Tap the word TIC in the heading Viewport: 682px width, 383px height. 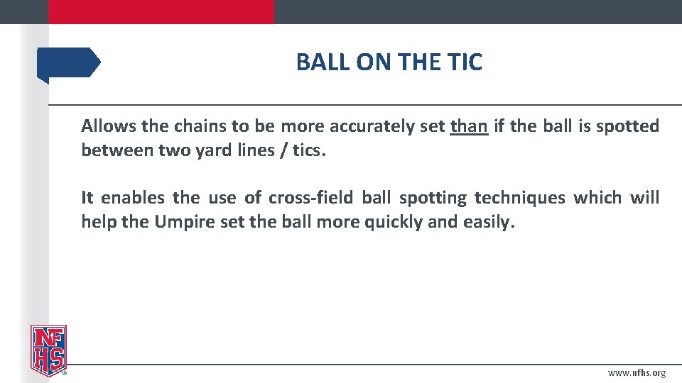point(465,62)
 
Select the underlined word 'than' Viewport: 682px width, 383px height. point(469,127)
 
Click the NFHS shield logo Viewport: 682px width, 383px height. point(48,350)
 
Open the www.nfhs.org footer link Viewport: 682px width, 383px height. point(637,373)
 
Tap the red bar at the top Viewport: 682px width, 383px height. point(161,11)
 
